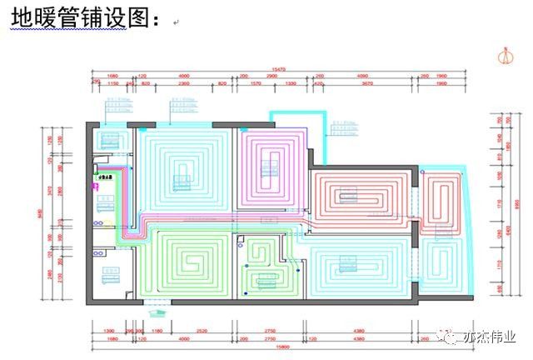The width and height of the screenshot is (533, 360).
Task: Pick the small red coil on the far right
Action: pyautogui.click(x=442, y=200)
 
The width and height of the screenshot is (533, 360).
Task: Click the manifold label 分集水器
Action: pyautogui.click(x=106, y=177)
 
